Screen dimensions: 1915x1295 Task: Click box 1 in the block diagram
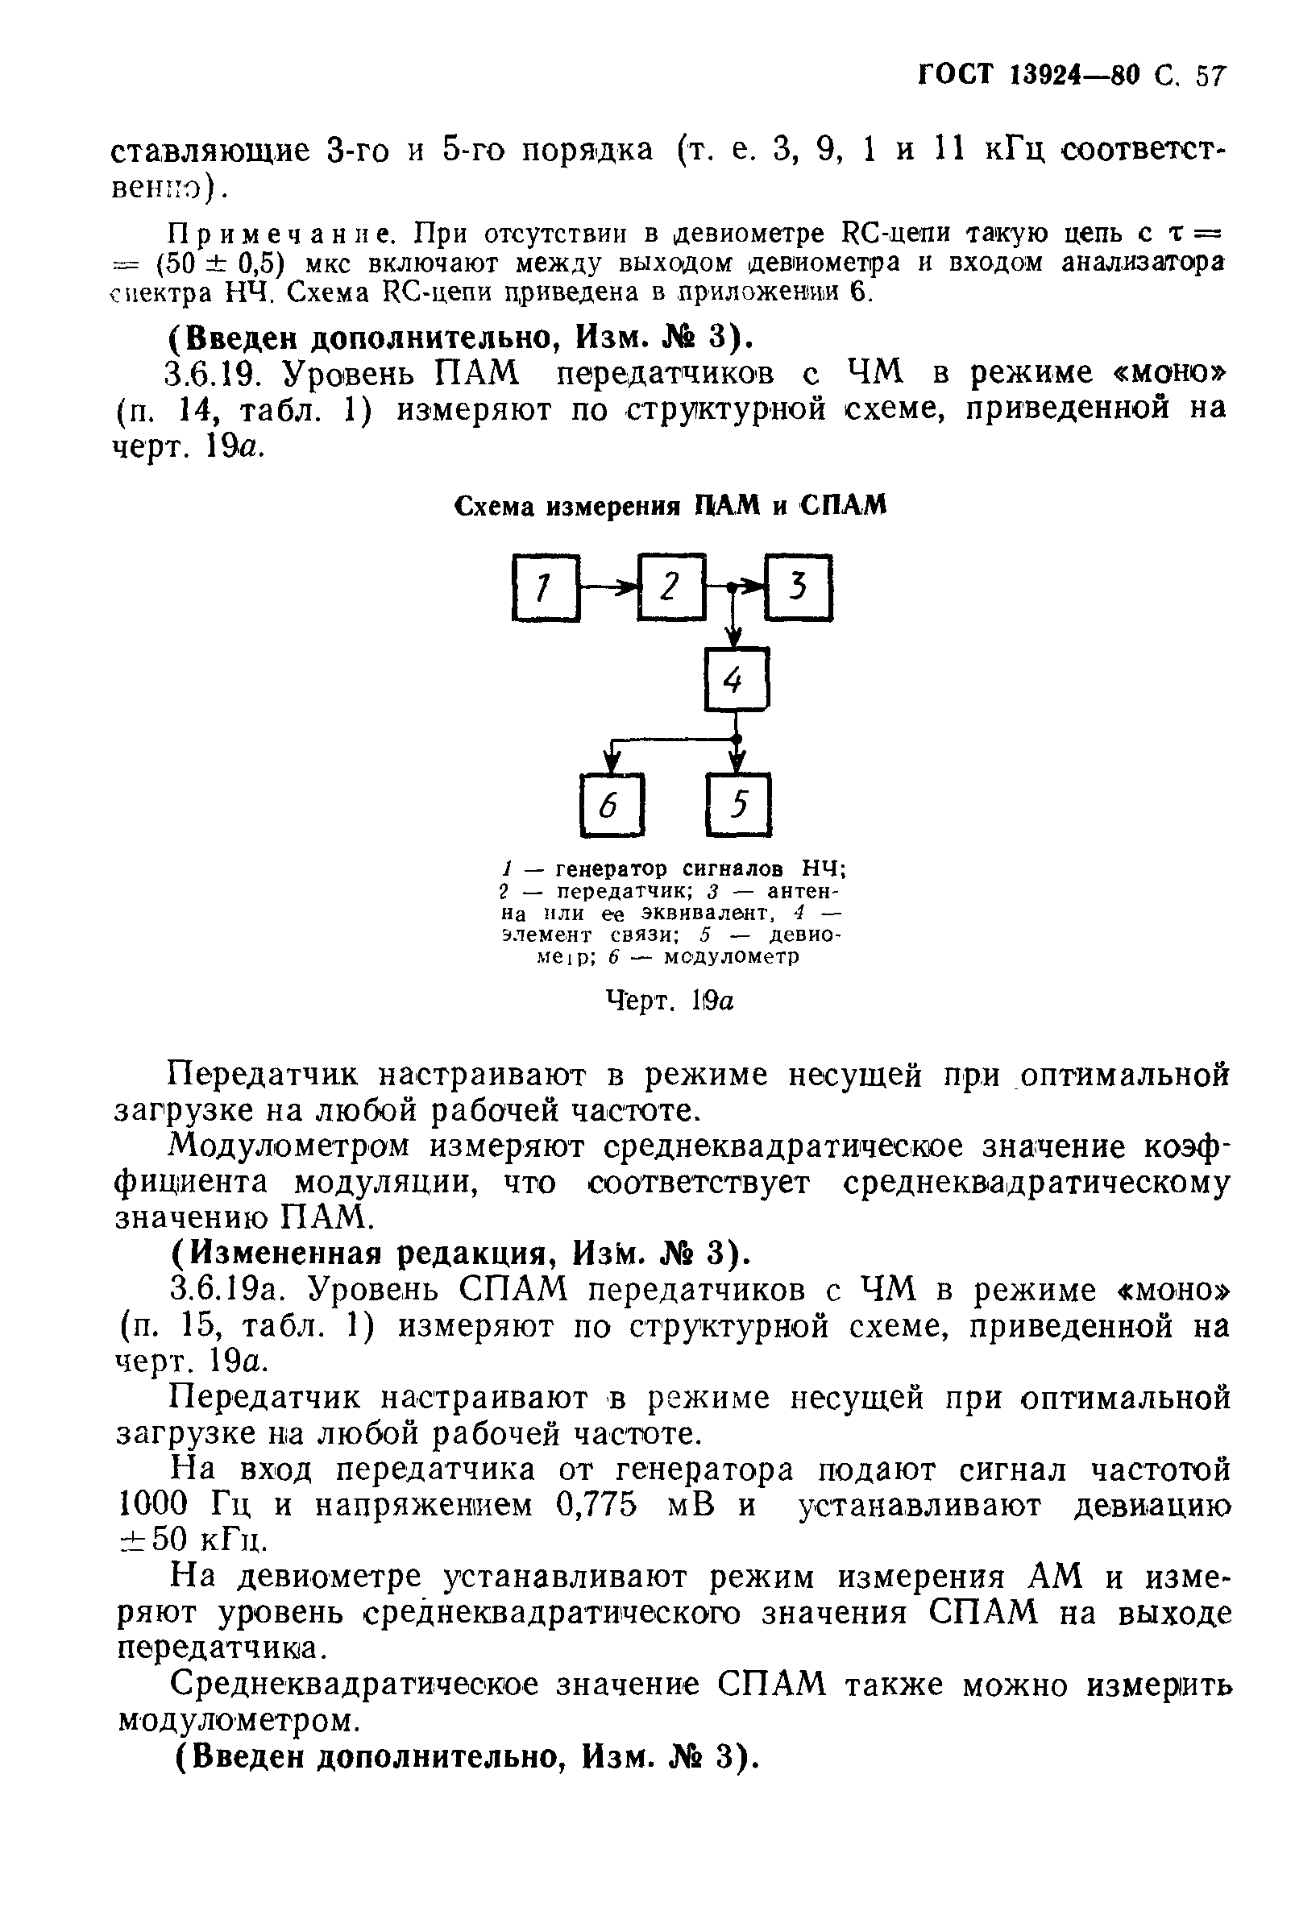[x=546, y=587]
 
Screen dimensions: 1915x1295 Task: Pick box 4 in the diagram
[x=736, y=679]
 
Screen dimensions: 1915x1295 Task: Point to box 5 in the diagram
[x=739, y=804]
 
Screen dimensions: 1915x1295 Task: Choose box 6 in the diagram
[x=612, y=804]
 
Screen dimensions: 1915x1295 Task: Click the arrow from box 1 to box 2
[x=609, y=587]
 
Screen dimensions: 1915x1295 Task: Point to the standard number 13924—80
[x=1073, y=77]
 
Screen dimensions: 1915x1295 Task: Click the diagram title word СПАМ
[x=842, y=506]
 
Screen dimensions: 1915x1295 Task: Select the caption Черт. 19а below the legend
[x=670, y=1001]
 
